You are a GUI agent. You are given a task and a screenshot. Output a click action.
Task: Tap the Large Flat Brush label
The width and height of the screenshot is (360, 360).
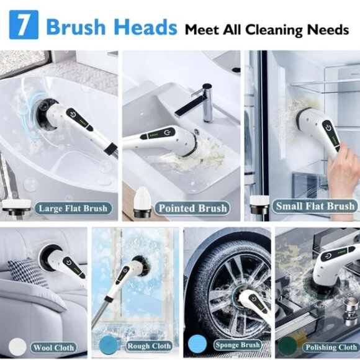pyautogui.click(x=73, y=208)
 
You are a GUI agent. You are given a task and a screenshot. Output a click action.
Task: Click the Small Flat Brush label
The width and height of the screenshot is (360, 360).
pyautogui.click(x=315, y=205)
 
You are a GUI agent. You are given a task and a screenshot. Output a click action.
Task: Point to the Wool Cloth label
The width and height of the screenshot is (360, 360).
pyautogui.click(x=55, y=347)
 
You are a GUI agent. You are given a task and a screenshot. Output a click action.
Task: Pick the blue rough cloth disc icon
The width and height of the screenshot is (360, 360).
pyautogui.click(x=106, y=344)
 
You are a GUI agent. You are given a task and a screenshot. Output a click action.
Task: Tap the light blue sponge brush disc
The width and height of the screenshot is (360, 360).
pyautogui.click(x=197, y=344)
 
